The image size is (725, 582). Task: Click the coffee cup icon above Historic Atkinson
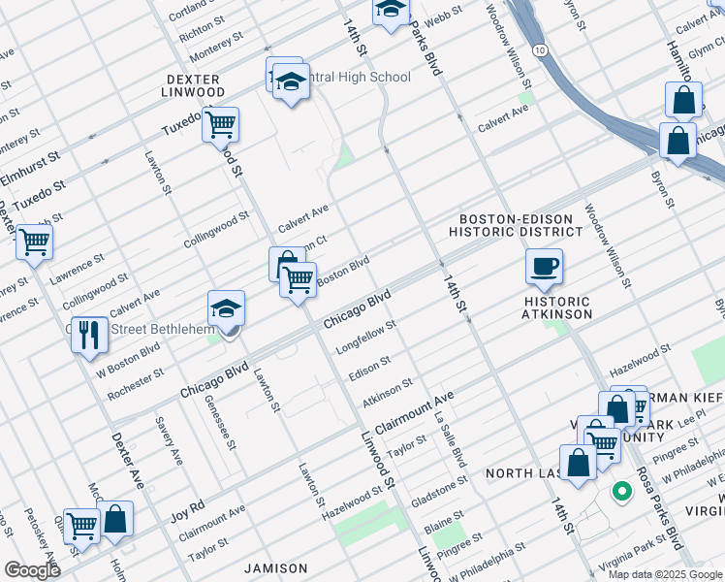(x=544, y=267)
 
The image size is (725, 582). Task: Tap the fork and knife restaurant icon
(x=89, y=336)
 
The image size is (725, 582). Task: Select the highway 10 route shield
(x=540, y=49)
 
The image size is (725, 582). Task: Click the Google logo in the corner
(x=31, y=569)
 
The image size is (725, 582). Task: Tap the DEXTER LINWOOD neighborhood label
(x=194, y=85)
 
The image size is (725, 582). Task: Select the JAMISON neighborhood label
(x=275, y=568)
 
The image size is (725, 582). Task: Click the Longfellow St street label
(x=365, y=337)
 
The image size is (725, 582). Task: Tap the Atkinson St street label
(x=387, y=394)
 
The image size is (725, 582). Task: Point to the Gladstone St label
(x=439, y=482)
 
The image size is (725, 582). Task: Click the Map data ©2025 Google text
(x=665, y=573)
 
